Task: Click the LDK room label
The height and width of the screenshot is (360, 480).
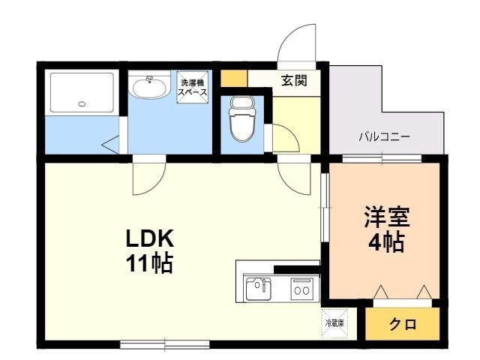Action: pyautogui.click(x=150, y=238)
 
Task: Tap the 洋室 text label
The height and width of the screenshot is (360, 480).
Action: pyautogui.click(x=387, y=217)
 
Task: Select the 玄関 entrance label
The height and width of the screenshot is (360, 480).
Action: pyautogui.click(x=294, y=80)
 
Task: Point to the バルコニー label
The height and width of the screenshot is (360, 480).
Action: pyautogui.click(x=385, y=136)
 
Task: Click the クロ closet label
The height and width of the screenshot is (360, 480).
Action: pyautogui.click(x=403, y=324)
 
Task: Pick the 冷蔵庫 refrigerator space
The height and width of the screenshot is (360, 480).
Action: pyautogui.click(x=334, y=323)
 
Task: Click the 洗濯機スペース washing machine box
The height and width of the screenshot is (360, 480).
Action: pyautogui.click(x=193, y=87)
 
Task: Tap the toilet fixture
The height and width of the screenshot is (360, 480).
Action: pyautogui.click(x=242, y=118)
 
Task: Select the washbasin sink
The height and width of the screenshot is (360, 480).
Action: pyautogui.click(x=149, y=88)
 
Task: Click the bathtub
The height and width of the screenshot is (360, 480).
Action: pyautogui.click(x=82, y=92)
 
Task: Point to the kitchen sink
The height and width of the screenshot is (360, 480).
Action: pyautogui.click(x=258, y=289)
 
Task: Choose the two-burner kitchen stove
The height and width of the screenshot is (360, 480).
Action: pyautogui.click(x=301, y=287)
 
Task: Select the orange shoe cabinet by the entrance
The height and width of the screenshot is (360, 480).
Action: pyautogui.click(x=234, y=78)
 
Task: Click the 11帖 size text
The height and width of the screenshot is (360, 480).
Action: pyautogui.click(x=150, y=263)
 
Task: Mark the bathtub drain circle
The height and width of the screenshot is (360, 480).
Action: pyautogui.click(x=82, y=104)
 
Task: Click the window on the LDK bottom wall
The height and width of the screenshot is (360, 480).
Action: pyautogui.click(x=165, y=344)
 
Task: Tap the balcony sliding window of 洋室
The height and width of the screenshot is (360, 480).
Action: pyautogui.click(x=382, y=158)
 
